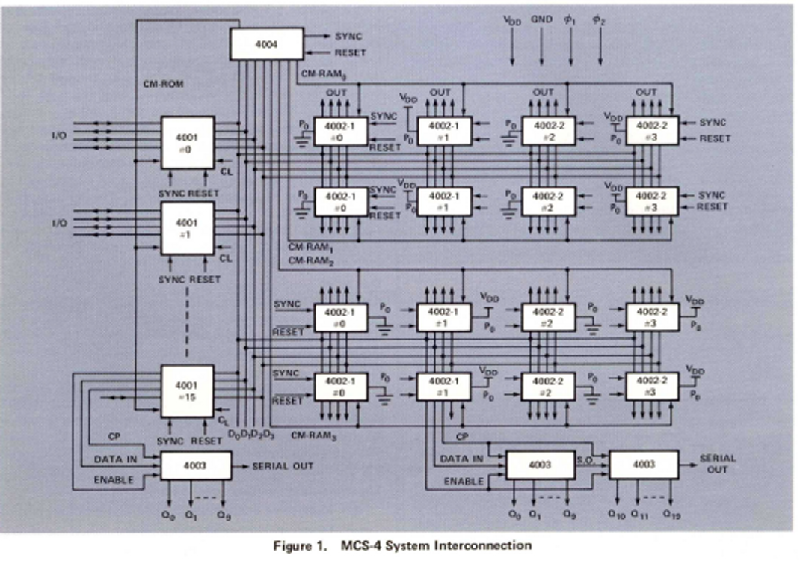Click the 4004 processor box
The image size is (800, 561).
[265, 43]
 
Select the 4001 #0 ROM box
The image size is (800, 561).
[188, 142]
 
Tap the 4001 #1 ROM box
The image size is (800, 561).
[188, 227]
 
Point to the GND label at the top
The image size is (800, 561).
[541, 21]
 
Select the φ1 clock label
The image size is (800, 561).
[570, 21]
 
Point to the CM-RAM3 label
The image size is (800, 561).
[310, 435]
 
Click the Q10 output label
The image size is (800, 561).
[616, 515]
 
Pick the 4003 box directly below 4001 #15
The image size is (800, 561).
[194, 466]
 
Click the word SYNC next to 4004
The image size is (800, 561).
[348, 35]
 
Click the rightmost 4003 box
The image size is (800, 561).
[643, 465]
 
